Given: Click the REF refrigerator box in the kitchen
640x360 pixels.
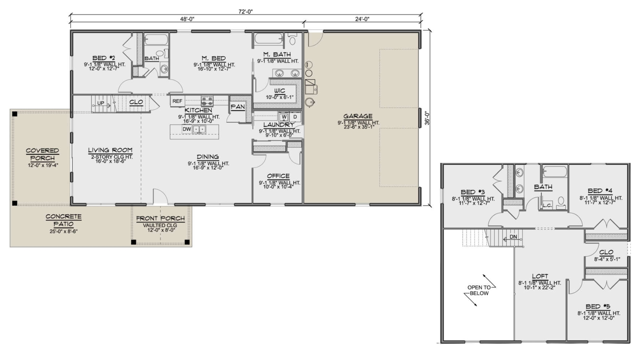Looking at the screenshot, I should [x=177, y=101].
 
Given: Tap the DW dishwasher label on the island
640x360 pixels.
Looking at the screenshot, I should [x=187, y=129].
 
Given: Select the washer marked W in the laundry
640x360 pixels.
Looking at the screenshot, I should [x=284, y=117].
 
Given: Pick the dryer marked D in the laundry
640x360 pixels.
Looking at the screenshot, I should [x=295, y=117].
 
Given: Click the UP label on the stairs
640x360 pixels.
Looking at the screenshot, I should [x=101, y=103].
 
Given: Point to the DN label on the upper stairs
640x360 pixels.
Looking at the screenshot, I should [x=513, y=237].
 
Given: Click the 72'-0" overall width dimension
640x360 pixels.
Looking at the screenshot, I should [x=246, y=12].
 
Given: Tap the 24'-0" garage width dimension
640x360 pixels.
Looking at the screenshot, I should [x=362, y=19].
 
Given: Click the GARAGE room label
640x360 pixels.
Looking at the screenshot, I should [x=358, y=116].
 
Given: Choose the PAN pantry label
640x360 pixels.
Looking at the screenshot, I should [x=238, y=107].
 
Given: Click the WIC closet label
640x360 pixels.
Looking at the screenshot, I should [x=280, y=91].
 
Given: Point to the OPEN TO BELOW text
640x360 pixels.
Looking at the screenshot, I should [x=479, y=290].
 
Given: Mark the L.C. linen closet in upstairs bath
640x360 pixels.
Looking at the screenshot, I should [x=547, y=206].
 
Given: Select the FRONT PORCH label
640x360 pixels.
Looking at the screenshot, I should [x=160, y=218].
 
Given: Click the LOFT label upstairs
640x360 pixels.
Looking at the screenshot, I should [x=540, y=276].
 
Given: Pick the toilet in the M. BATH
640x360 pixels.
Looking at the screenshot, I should [x=293, y=40].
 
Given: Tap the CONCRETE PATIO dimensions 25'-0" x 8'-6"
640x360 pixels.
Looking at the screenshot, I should [x=63, y=231].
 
